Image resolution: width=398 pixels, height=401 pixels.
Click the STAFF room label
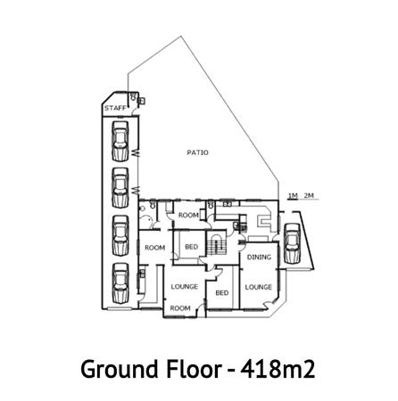[x=115, y=108]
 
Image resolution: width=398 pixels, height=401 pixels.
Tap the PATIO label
[x=198, y=152]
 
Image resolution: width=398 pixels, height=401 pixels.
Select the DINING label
[x=259, y=257]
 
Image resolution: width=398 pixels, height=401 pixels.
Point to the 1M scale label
[x=293, y=195]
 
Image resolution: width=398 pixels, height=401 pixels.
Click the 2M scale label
[x=309, y=195]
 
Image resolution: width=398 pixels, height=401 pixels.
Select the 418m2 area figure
[x=278, y=369]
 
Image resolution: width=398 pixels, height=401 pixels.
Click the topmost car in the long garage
[x=120, y=141]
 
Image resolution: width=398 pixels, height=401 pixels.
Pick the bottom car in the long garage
[x=120, y=283]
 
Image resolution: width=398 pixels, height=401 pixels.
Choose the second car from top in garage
[x=120, y=188]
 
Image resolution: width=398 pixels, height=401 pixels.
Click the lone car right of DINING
[x=292, y=243]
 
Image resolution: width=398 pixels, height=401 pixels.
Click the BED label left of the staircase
[x=191, y=247]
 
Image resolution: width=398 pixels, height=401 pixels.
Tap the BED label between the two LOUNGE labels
[x=222, y=293]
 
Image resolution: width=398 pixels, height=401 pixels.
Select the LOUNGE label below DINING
[x=259, y=287]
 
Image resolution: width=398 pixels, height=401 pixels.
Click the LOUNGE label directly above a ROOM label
[x=185, y=286]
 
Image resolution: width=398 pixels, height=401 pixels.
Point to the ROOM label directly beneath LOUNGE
[x=180, y=308]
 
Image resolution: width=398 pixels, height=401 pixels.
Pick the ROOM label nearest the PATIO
[x=188, y=215]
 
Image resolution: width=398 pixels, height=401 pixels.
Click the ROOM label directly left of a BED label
[x=154, y=247]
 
